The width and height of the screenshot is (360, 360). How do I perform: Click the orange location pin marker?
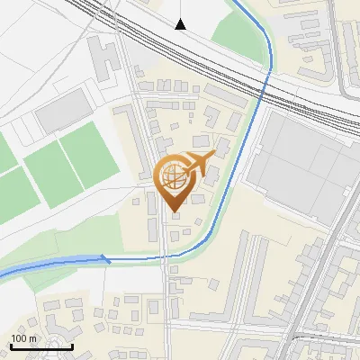176,180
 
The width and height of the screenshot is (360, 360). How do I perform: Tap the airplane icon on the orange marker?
199,164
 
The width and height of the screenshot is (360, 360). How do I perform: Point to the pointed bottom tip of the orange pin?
175,211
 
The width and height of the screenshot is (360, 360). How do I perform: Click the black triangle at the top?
181,23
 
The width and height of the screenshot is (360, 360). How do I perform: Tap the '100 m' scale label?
23,338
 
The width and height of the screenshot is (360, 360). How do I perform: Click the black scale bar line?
41,346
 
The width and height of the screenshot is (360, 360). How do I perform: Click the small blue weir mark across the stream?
105,259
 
